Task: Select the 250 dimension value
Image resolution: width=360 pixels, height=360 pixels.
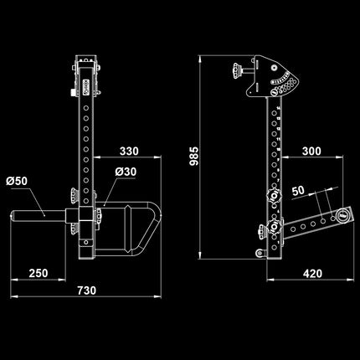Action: click(x=39, y=273)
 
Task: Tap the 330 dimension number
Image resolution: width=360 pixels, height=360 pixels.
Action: click(x=127, y=152)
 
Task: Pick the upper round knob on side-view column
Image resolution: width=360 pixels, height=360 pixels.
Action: click(x=273, y=198)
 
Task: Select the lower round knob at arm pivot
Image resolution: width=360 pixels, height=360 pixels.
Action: click(x=271, y=228)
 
